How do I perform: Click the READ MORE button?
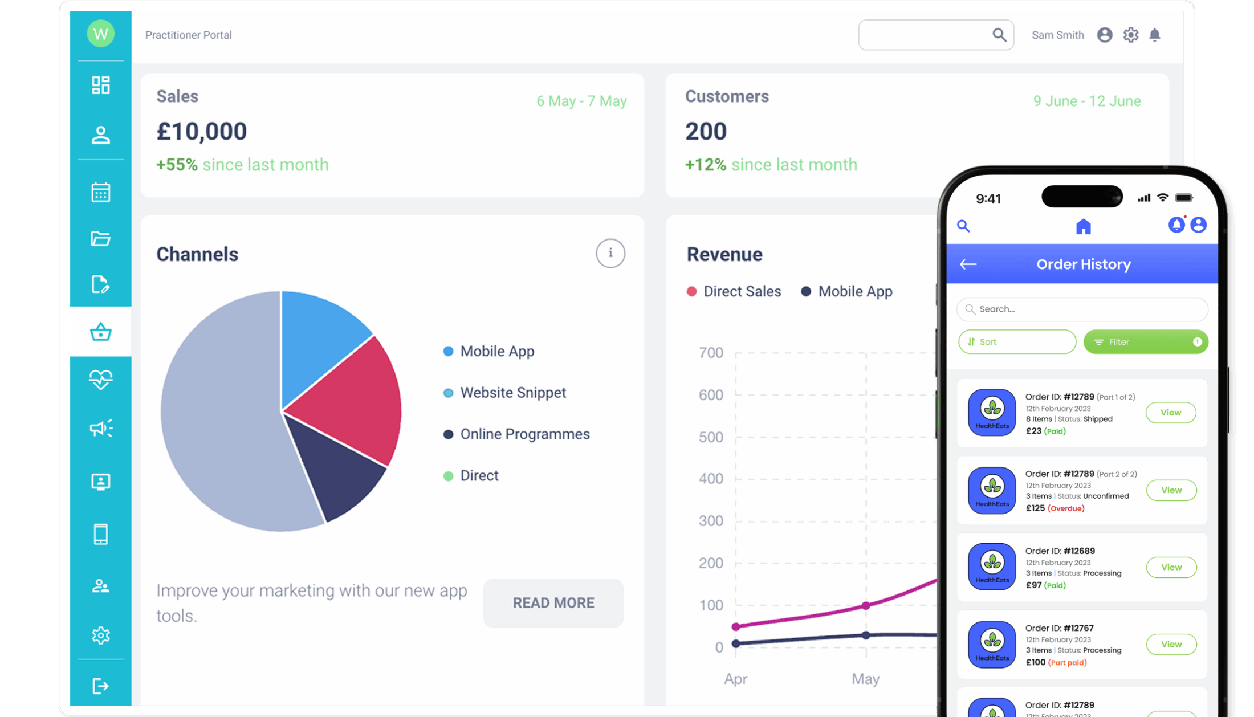(553, 603)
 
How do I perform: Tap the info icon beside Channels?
(610, 253)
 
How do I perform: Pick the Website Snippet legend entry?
(513, 393)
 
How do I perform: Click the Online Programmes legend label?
(524, 434)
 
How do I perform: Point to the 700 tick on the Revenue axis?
(711, 353)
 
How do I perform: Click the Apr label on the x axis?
(735, 679)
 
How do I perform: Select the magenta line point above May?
(866, 605)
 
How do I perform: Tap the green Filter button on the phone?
(1145, 342)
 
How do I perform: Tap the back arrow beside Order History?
(968, 264)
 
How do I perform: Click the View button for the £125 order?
(1171, 490)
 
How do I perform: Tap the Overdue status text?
(1066, 508)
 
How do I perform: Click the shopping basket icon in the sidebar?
(101, 332)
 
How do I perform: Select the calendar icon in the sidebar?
(101, 192)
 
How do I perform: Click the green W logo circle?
(101, 34)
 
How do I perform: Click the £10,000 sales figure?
(202, 132)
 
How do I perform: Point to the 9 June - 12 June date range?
(1087, 101)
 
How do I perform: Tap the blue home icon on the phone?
(1083, 227)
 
